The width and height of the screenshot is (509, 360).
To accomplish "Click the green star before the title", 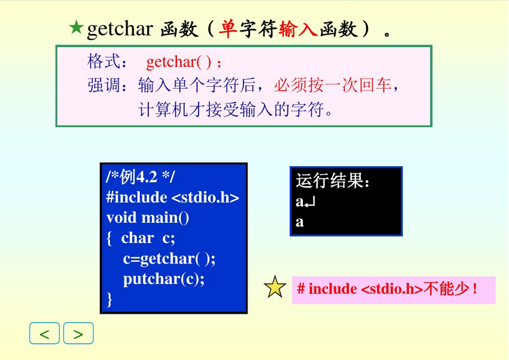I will pos(76,27).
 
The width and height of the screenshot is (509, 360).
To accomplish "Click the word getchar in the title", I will pos(120,29).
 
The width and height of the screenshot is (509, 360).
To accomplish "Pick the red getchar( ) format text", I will pos(180,62).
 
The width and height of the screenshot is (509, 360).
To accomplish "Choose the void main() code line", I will pos(148,218).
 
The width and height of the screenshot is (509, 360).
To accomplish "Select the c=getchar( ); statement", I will pos(169,258).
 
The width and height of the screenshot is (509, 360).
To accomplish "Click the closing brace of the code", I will pos(110,299).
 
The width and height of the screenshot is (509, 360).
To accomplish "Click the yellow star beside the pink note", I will pos(276,288).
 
